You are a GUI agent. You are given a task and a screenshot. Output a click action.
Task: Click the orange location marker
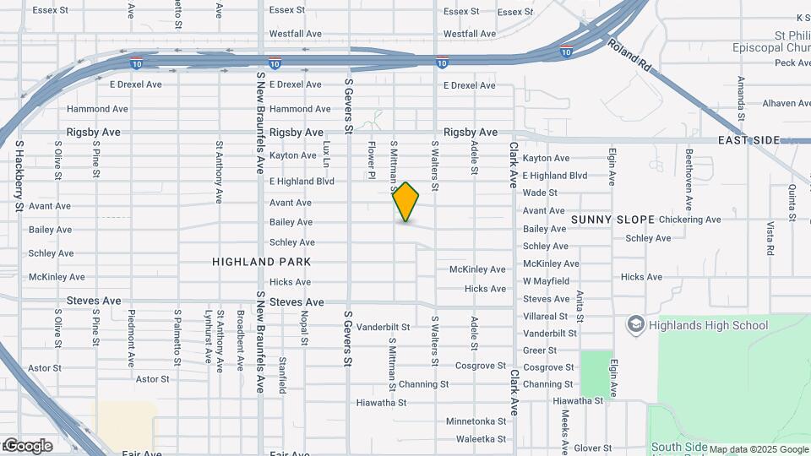pos(406,202)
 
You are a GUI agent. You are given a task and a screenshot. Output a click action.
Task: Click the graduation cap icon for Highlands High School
pos(635,324)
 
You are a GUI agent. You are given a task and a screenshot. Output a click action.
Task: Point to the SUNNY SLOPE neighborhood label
pos(612,220)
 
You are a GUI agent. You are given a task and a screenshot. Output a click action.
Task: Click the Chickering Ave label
pos(690,220)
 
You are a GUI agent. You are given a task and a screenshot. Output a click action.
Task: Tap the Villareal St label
pos(545,316)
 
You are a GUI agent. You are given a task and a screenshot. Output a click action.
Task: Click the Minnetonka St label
pos(476,421)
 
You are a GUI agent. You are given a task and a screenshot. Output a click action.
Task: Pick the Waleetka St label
pos(481,439)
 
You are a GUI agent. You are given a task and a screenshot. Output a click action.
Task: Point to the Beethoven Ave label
pos(689,180)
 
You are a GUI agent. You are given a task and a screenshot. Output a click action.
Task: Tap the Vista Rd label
pos(770,239)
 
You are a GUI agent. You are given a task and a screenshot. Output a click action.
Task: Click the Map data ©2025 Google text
pos(758,449)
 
